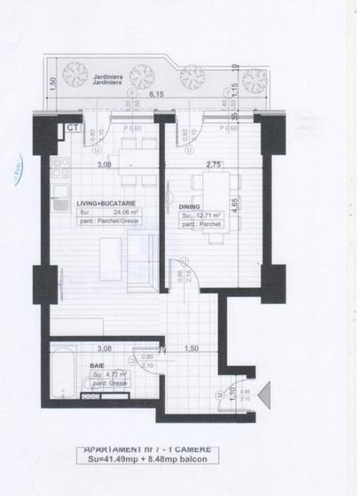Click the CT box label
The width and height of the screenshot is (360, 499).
[x=70, y=128]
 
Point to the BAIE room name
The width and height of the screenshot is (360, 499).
[x=98, y=364]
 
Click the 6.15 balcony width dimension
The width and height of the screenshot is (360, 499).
[x=157, y=93]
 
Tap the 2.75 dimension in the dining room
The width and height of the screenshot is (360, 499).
[x=212, y=165]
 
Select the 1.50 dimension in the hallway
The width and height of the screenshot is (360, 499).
[x=189, y=349]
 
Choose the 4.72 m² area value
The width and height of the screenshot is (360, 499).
[x=113, y=375]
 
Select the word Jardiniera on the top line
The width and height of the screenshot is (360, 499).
[x=108, y=77]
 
